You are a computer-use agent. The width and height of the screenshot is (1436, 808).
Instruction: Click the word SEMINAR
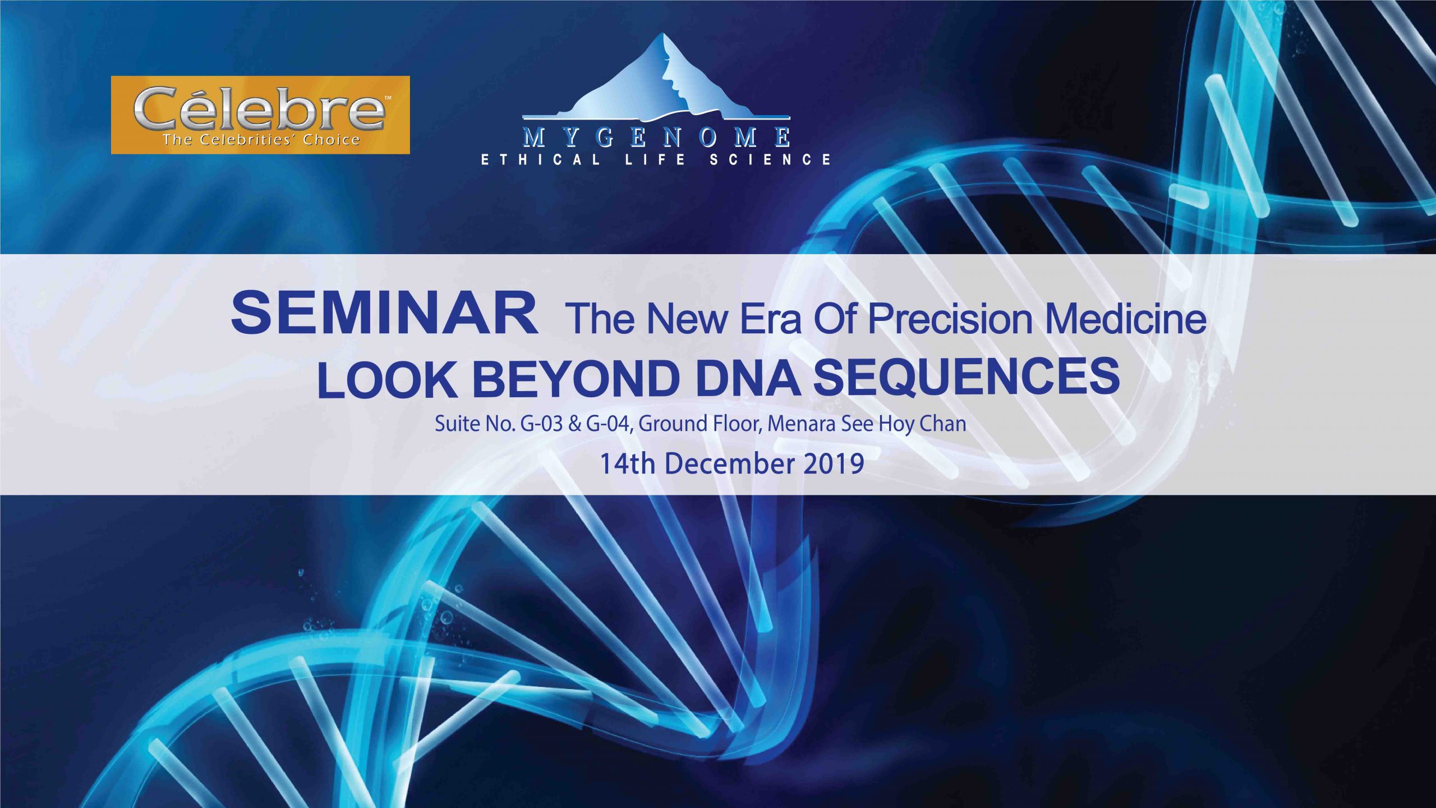[x=385, y=314]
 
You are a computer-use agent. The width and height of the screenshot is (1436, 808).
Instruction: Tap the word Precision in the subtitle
[x=950, y=319]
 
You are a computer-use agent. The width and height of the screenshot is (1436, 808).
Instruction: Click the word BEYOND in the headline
[x=576, y=379]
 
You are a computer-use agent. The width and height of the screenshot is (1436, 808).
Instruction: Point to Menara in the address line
[x=802, y=424]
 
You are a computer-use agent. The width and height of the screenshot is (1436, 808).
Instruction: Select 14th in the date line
[x=627, y=464]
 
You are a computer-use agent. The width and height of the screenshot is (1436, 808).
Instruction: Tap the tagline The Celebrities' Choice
[x=261, y=140]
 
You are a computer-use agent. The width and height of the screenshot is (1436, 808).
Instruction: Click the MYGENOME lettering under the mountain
[x=656, y=137]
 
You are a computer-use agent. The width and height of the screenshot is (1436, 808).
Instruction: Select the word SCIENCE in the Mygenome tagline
[x=770, y=160]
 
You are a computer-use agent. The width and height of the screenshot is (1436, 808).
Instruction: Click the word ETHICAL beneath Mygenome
[x=541, y=160]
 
